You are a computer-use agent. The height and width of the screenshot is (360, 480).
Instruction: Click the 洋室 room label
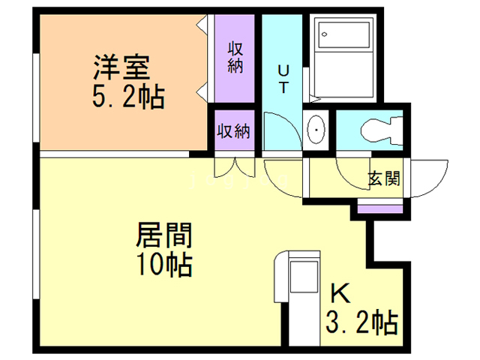point(121,69)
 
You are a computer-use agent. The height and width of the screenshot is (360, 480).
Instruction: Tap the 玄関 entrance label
point(383,178)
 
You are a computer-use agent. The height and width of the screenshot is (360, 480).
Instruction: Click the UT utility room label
point(283,78)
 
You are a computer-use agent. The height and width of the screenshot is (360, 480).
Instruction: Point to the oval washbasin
point(317,130)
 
